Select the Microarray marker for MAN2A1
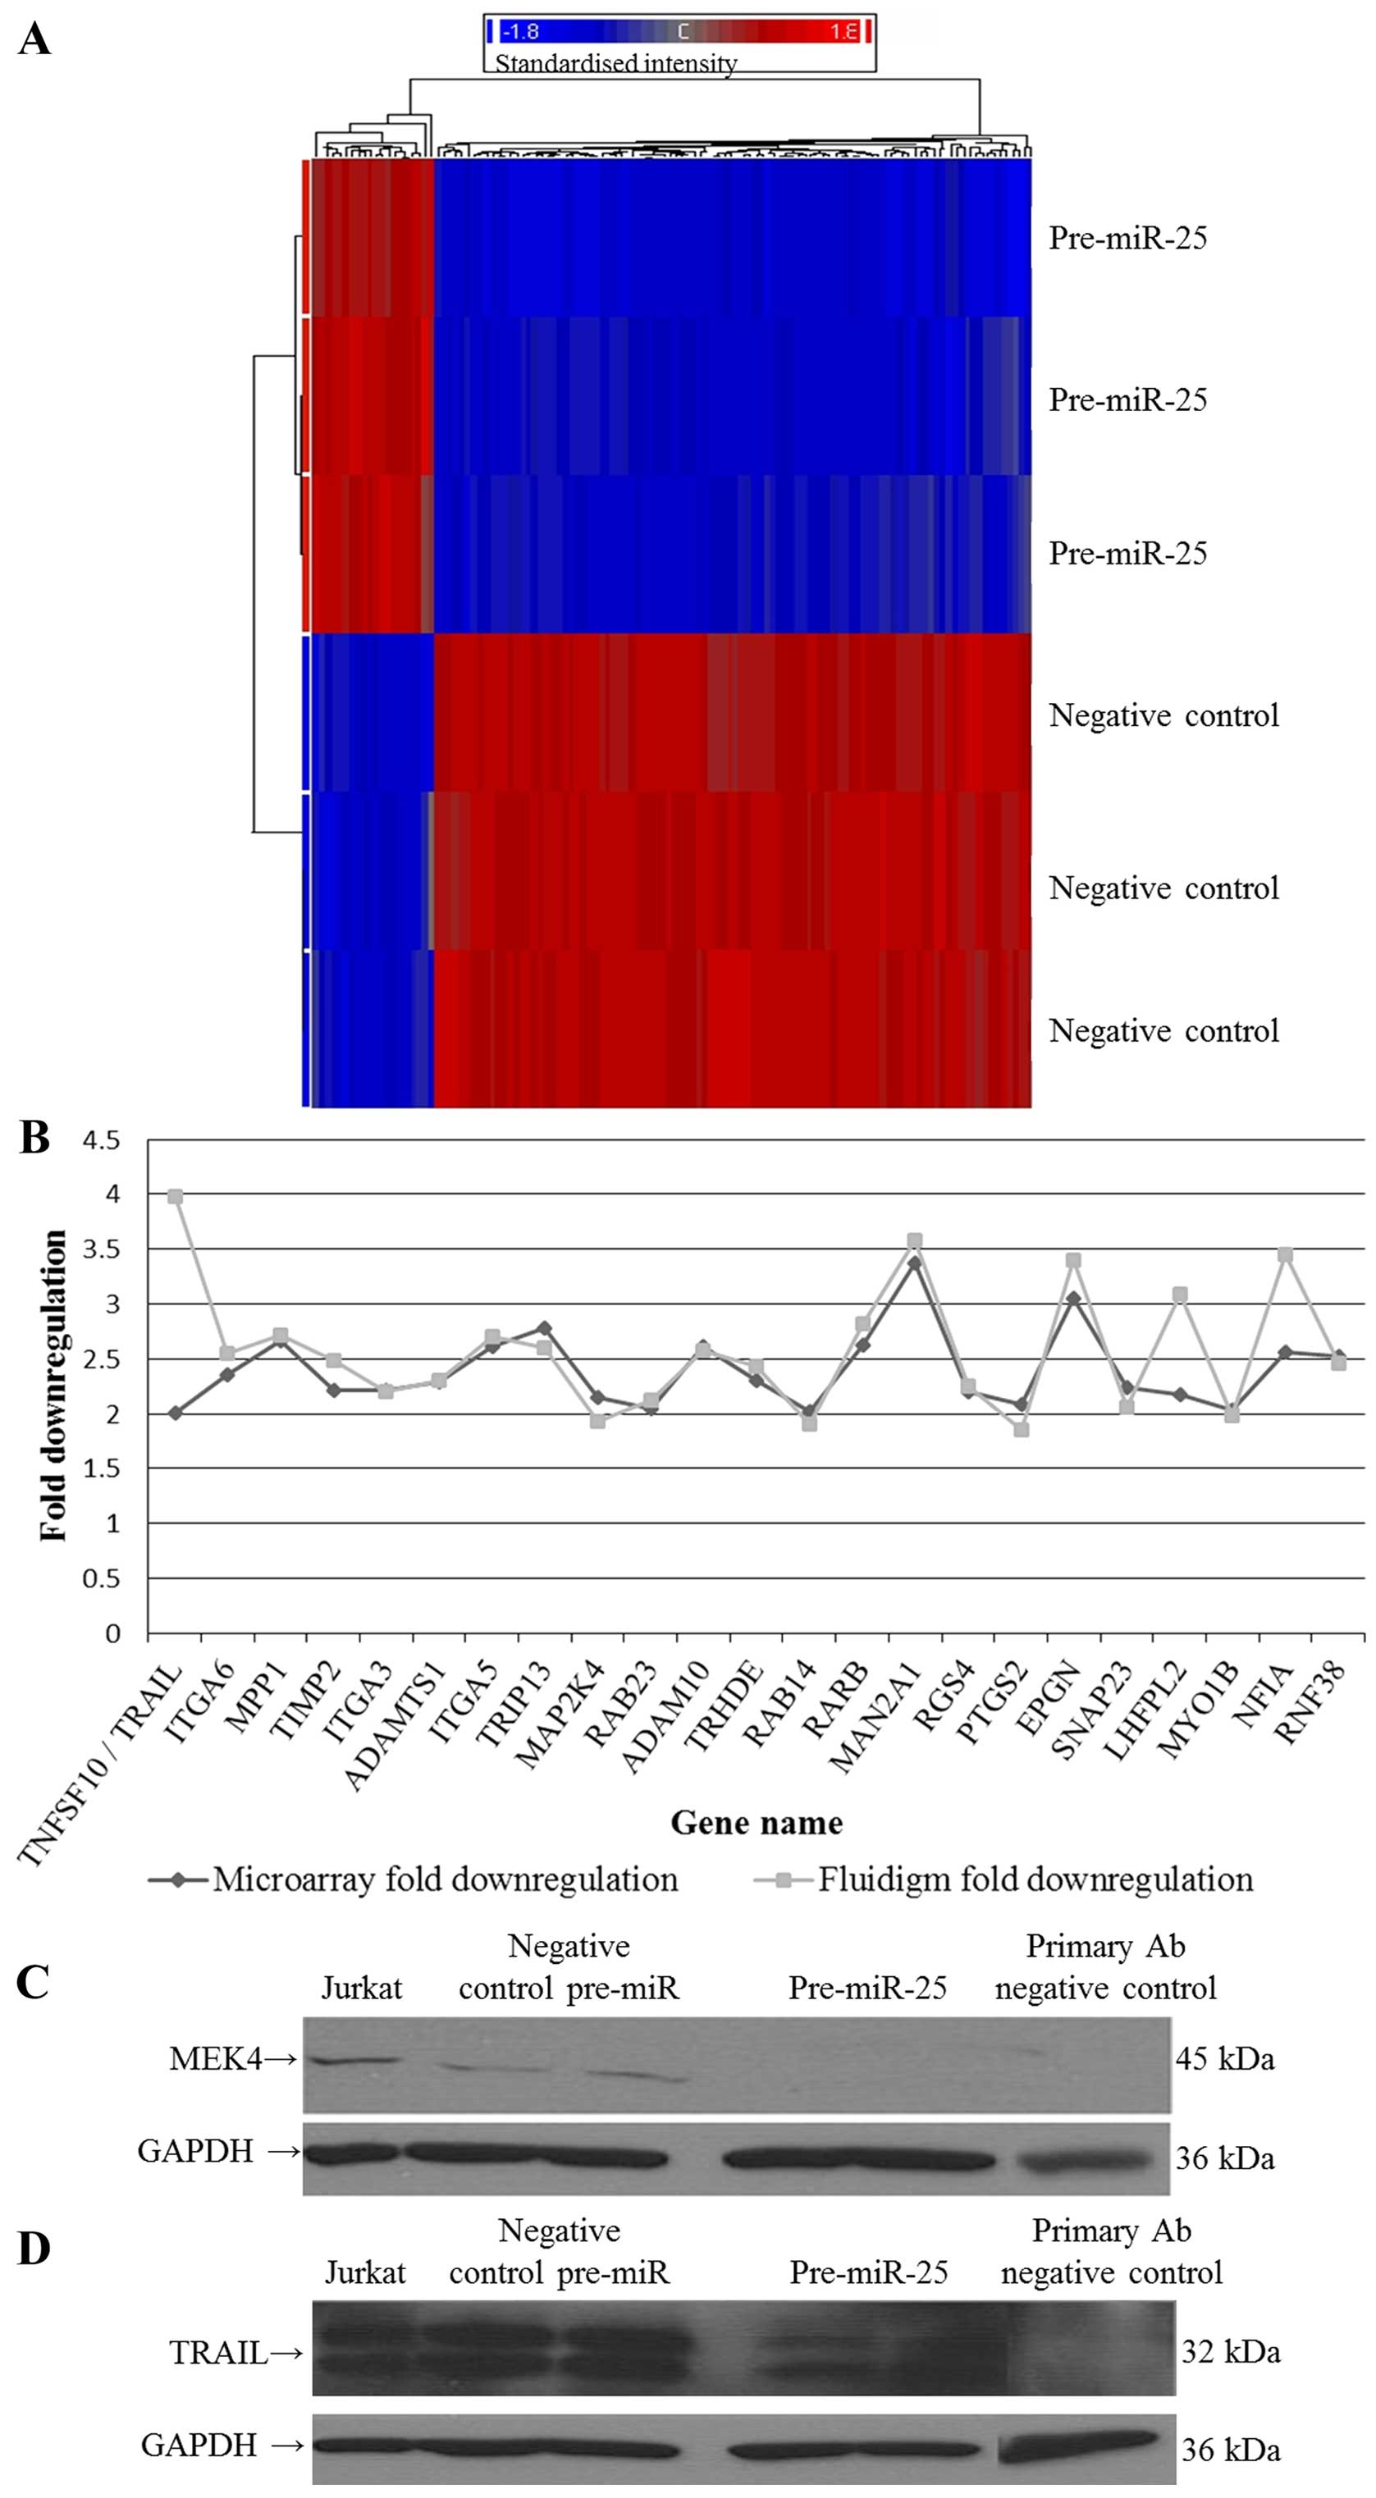(913, 1263)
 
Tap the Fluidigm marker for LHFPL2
(1179, 1295)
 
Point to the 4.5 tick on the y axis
(102, 1140)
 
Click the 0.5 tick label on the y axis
(102, 1578)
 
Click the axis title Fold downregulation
(54, 1386)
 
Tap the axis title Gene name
(757, 1823)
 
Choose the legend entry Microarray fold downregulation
(445, 1879)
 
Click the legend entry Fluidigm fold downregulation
(1035, 1879)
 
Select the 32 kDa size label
(1230, 2353)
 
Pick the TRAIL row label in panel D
(219, 2353)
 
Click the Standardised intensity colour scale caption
(615, 63)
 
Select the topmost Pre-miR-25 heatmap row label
(1127, 239)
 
